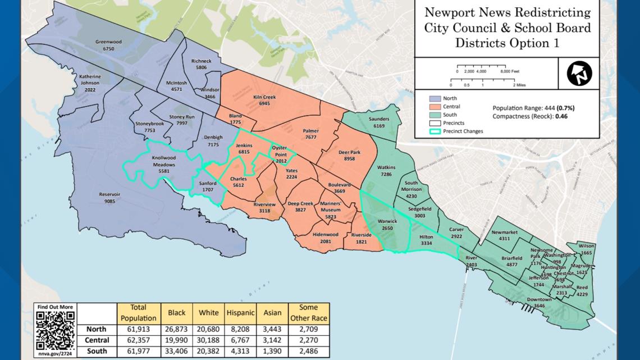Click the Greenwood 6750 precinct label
[104, 45]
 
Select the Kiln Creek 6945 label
[264, 101]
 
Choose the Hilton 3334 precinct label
[426, 240]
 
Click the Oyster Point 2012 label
[280, 154]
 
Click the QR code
[55, 330]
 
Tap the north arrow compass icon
[580, 73]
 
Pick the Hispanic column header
[240, 312]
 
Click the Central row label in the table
[97, 340]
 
